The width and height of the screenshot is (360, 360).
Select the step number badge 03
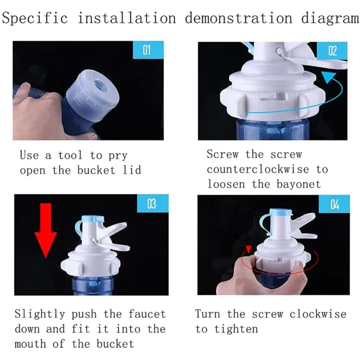pyautogui.click(x=152, y=204)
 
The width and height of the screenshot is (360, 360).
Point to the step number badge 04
pyautogui.click(x=333, y=204)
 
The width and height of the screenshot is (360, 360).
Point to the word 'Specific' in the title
pyautogui.click(x=35, y=18)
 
